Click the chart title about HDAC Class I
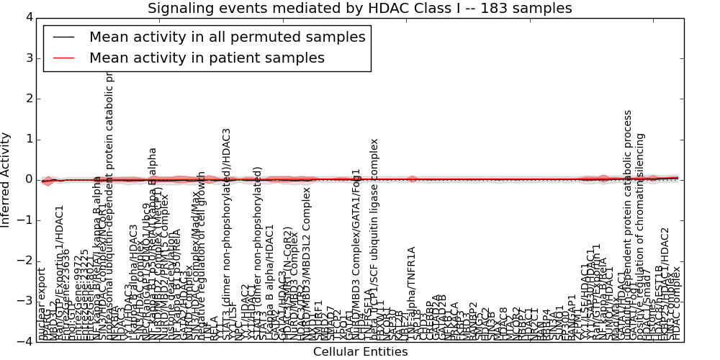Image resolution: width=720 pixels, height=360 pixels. coord(359,8)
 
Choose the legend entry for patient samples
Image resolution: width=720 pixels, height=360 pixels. coord(207,58)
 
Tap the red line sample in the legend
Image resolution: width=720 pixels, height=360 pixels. coord(63,58)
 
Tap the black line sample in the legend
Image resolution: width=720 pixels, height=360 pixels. coord(63,37)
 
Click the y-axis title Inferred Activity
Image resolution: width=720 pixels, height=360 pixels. coord(6,180)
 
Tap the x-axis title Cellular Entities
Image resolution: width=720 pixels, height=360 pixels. coord(360,351)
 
